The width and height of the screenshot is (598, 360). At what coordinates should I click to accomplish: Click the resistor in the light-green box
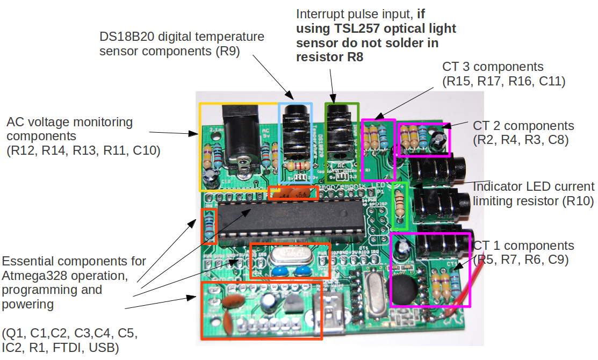pyautogui.click(x=399, y=204)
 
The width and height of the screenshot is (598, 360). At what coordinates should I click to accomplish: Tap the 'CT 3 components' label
pyautogui.click(x=493, y=67)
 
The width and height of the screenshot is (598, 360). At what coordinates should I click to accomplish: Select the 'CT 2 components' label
pyautogui.click(x=523, y=126)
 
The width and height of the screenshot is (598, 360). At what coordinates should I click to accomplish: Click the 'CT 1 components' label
pyautogui.click(x=523, y=246)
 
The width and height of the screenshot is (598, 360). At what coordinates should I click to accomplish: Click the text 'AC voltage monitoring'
pyautogui.click(x=69, y=122)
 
